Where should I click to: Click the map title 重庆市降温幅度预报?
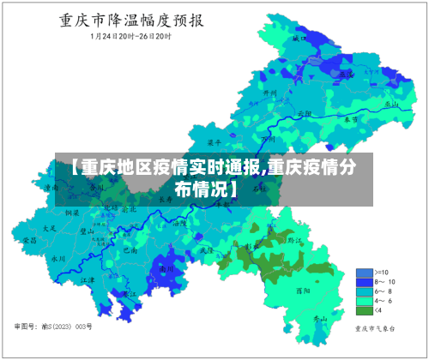[119, 20]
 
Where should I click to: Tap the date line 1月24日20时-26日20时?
[118, 38]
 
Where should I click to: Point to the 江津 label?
[88, 279]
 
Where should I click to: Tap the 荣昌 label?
[30, 241]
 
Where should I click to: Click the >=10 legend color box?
[364, 273]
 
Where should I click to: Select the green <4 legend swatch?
[364, 311]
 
